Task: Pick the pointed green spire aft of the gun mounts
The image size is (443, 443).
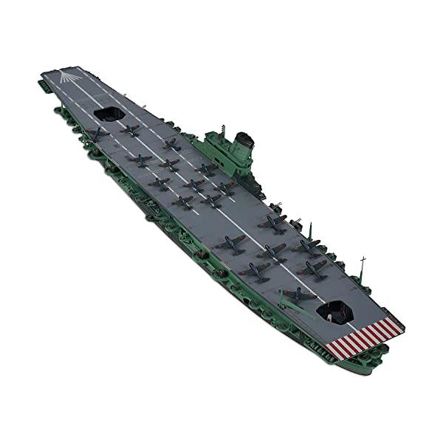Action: pos(310,227)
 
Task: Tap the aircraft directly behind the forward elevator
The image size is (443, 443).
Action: pos(131,130)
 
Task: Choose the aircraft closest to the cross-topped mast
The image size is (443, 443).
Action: pos(313,267)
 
